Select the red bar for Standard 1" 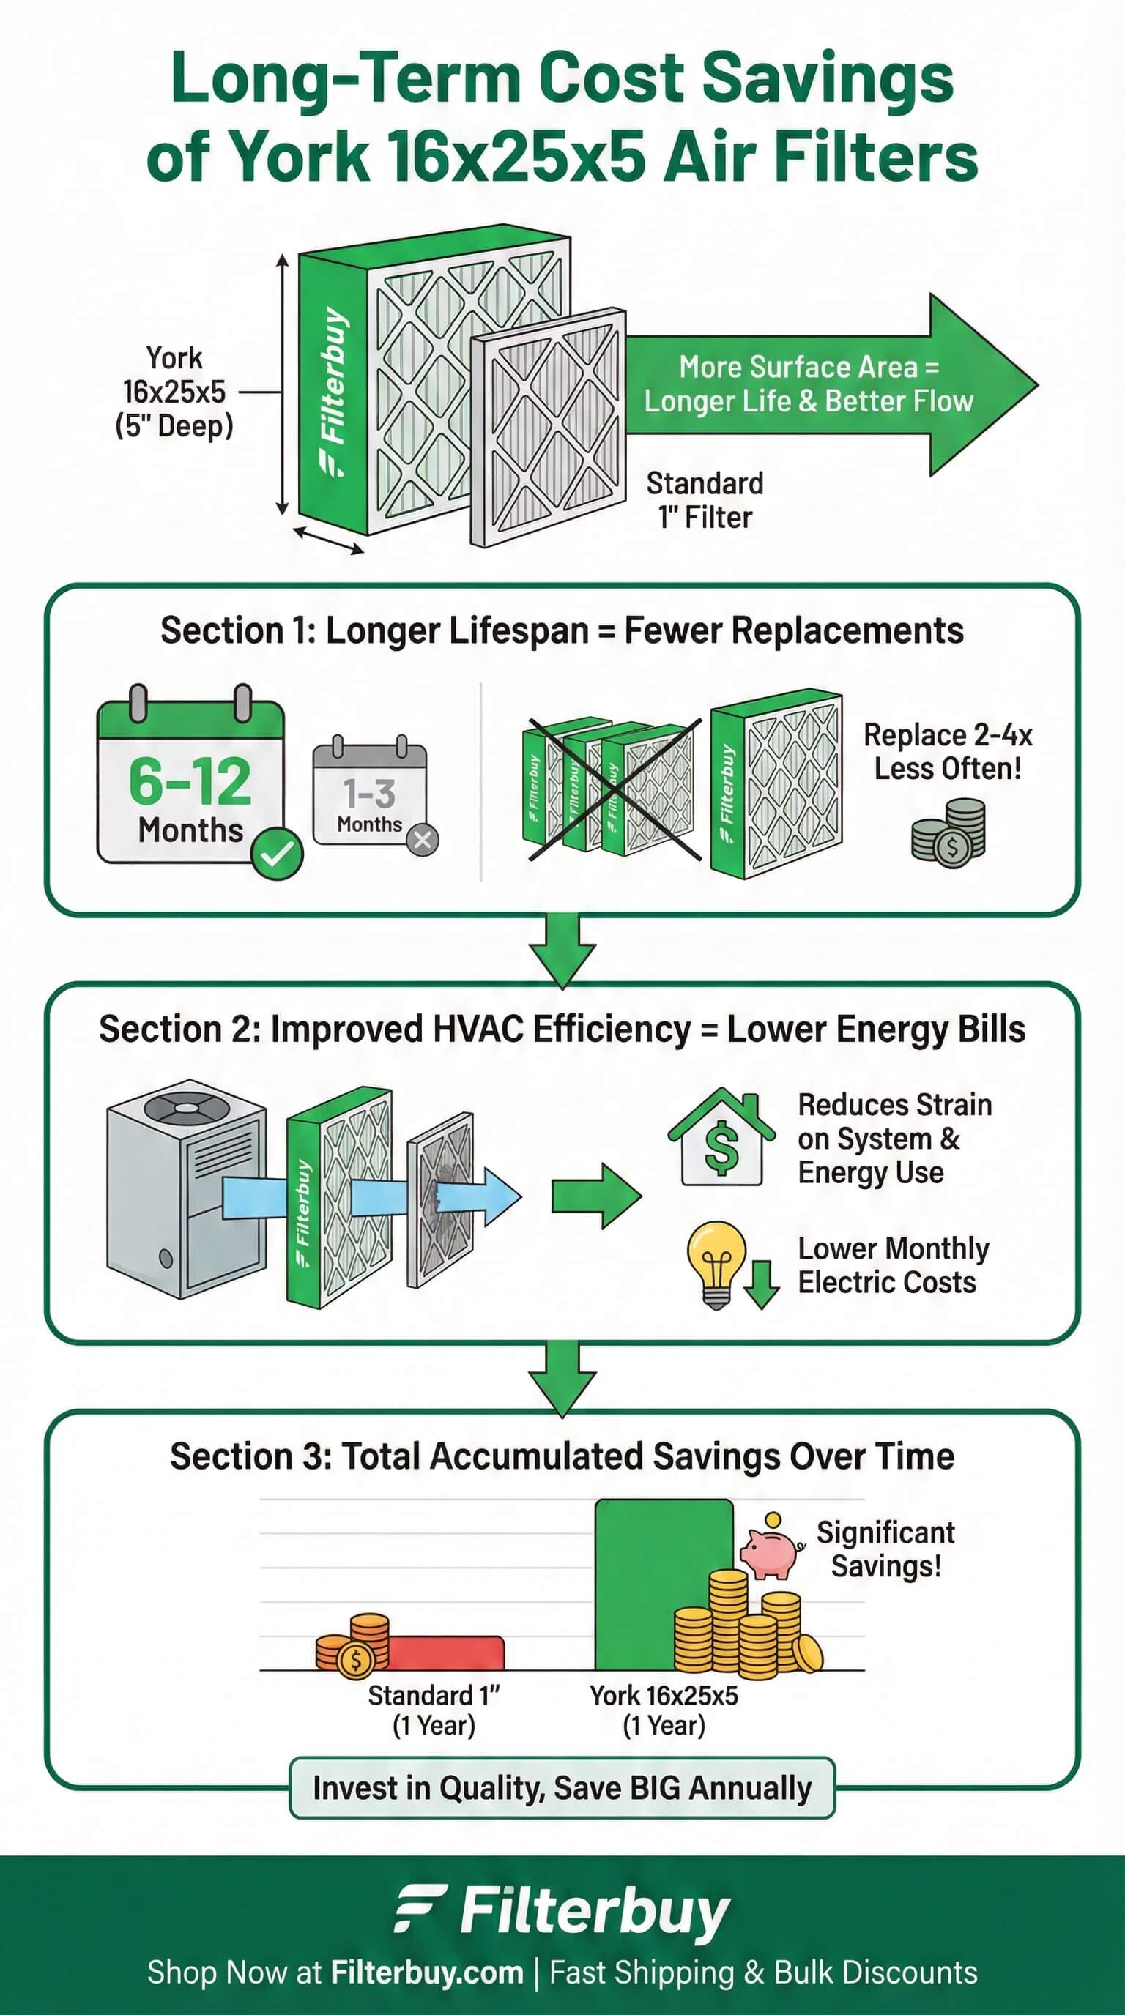446,1651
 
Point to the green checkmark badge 277,854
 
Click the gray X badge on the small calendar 423,840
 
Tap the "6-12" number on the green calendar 190,781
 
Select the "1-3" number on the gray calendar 369,793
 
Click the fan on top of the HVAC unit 187,1108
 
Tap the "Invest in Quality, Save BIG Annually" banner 562,1787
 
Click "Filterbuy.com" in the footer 426,1972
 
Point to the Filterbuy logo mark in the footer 420,1909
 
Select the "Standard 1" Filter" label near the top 705,500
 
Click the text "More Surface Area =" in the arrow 808,367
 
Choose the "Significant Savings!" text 885,1549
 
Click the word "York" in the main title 301,157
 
